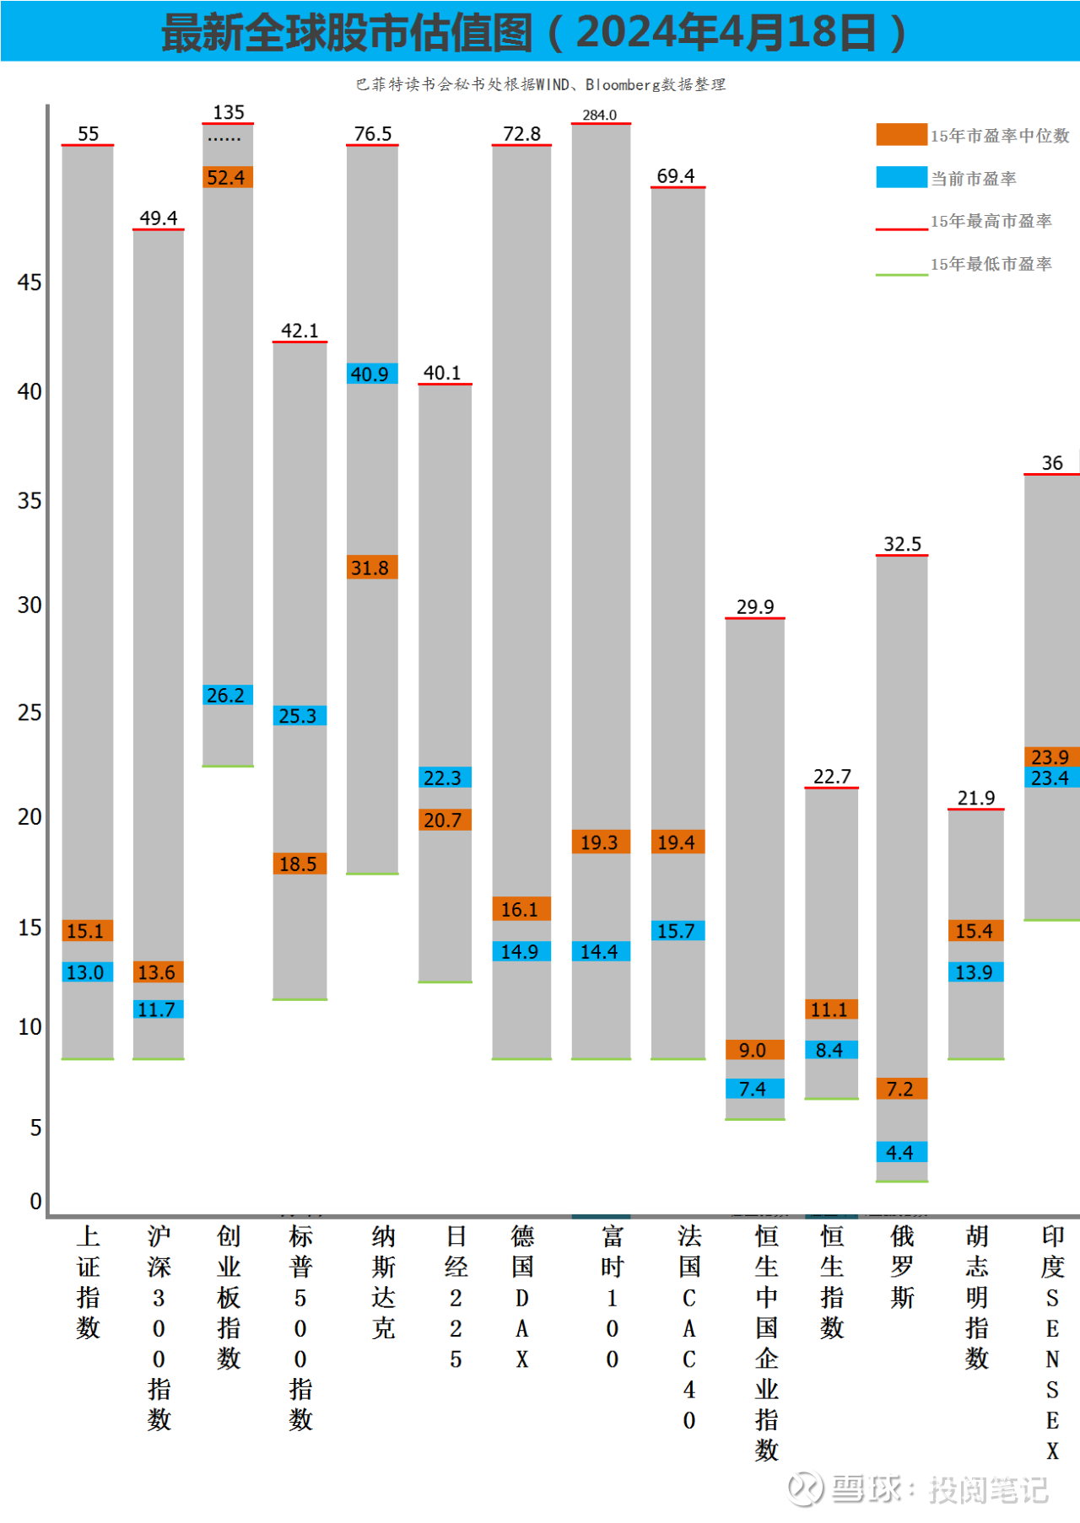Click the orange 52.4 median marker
228,177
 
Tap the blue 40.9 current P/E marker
372,374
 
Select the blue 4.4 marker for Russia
901,1152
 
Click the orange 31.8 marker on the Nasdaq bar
372,568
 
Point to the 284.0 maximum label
599,115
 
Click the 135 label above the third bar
228,112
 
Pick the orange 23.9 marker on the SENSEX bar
1051,756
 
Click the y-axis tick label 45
30,283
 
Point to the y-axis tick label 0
35,1201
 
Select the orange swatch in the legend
901,135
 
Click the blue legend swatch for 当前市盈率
901,177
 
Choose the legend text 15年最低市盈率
991,264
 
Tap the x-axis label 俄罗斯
902,1267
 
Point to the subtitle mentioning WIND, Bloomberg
540,84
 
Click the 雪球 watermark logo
805,1488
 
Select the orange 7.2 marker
901,1089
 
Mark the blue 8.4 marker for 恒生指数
831,1050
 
